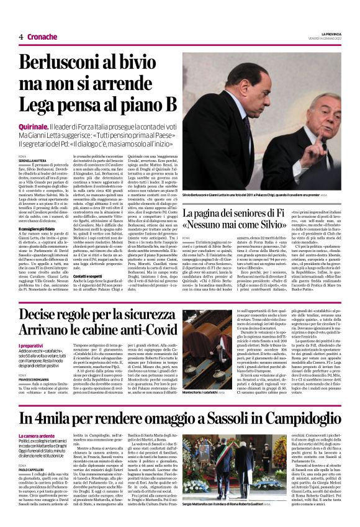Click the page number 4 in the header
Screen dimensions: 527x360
pos(21,37)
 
